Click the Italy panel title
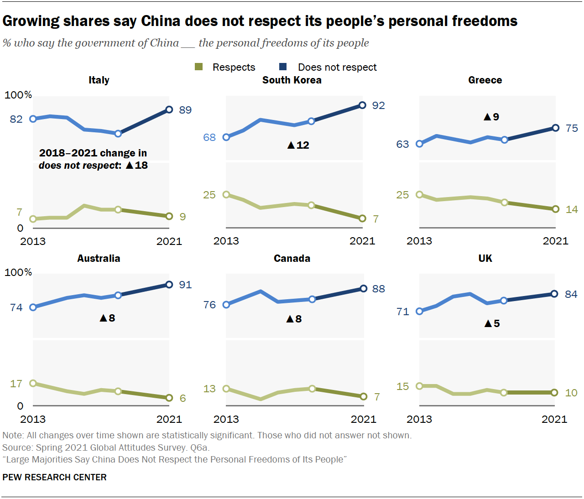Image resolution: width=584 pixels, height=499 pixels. [99, 80]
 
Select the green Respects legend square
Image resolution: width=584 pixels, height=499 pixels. [198, 67]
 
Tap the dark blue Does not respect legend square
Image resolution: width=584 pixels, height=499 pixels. [283, 67]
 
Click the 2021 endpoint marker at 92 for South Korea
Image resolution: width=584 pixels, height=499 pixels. [362, 105]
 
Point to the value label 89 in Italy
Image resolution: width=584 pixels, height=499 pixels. [185, 110]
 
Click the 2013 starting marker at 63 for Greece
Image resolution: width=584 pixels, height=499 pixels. [419, 144]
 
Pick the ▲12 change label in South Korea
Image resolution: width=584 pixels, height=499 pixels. [298, 145]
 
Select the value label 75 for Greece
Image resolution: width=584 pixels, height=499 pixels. [571, 128]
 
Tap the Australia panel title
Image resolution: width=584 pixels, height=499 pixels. [99, 259]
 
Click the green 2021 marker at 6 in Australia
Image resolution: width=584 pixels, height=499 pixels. [169, 398]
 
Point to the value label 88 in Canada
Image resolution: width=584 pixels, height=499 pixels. [378, 289]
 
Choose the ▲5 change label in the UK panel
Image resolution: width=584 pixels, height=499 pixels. [492, 323]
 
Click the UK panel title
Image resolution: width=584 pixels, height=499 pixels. [485, 259]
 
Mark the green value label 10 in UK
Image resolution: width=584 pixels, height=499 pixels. [571, 393]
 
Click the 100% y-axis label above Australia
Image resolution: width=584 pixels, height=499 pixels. [18, 272]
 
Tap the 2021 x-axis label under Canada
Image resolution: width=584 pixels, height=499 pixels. [363, 419]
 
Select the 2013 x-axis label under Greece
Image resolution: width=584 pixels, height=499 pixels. [419, 241]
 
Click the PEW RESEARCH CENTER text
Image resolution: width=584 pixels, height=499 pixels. [54, 477]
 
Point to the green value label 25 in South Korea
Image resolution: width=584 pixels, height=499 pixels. [209, 195]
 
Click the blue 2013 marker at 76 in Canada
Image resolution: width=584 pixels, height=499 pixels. [226, 304]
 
